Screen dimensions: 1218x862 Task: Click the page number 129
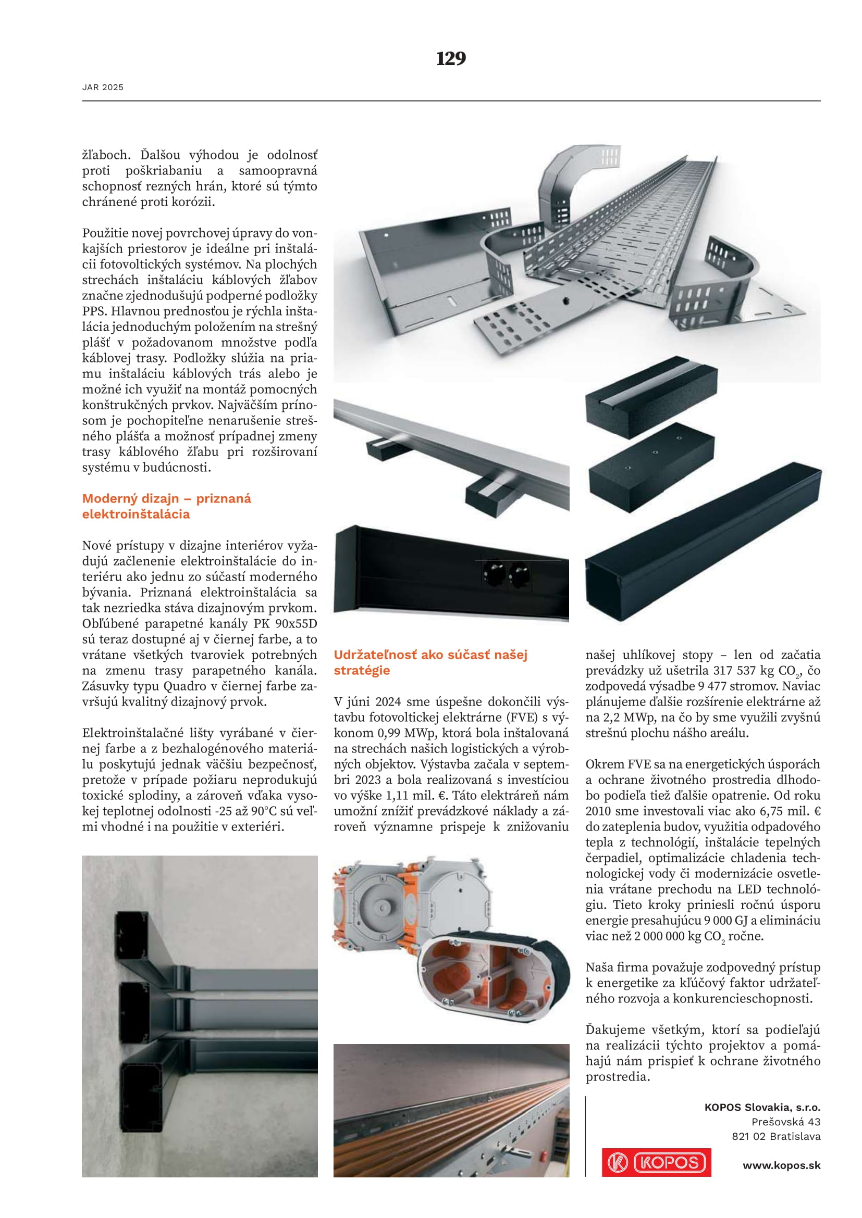451,58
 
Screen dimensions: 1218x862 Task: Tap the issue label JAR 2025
103,87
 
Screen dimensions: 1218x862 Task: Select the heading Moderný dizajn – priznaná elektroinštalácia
166,506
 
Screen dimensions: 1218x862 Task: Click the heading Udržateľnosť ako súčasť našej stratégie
430,662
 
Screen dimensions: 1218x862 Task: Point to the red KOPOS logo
656,1162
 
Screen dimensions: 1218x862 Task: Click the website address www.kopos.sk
781,1165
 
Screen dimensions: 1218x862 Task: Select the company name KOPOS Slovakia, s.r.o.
762,1107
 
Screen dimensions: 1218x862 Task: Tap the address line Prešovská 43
785,1122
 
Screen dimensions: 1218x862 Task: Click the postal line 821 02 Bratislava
776,1136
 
